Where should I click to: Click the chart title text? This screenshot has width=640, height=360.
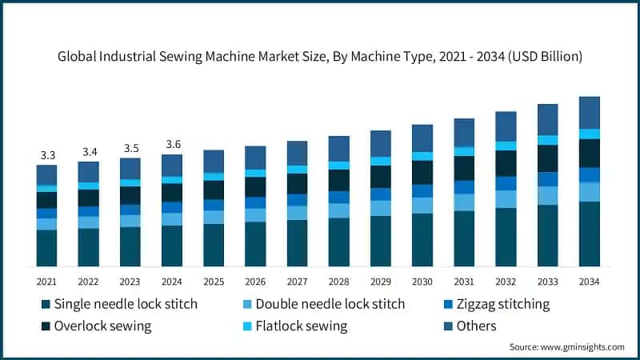point(319,57)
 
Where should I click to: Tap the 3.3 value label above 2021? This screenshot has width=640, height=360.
point(46,154)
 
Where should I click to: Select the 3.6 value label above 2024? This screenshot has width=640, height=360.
point(172,144)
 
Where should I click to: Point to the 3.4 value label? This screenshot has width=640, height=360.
point(88,151)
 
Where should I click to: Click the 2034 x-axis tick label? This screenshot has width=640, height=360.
point(590,282)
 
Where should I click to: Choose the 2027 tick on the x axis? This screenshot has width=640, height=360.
point(297,282)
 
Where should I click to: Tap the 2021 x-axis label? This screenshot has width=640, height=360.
point(46,282)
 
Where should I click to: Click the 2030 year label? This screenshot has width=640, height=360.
point(422,282)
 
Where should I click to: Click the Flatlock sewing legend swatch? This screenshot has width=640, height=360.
point(247,326)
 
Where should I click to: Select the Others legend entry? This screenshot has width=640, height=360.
point(477,326)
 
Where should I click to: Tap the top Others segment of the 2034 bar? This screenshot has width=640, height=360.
point(590,112)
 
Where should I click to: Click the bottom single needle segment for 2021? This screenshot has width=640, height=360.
point(46,247)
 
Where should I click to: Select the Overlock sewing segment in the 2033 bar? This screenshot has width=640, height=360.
point(548,158)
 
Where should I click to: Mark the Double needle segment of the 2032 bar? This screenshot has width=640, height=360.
point(506,199)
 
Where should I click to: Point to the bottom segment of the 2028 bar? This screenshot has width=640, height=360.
point(338,242)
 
